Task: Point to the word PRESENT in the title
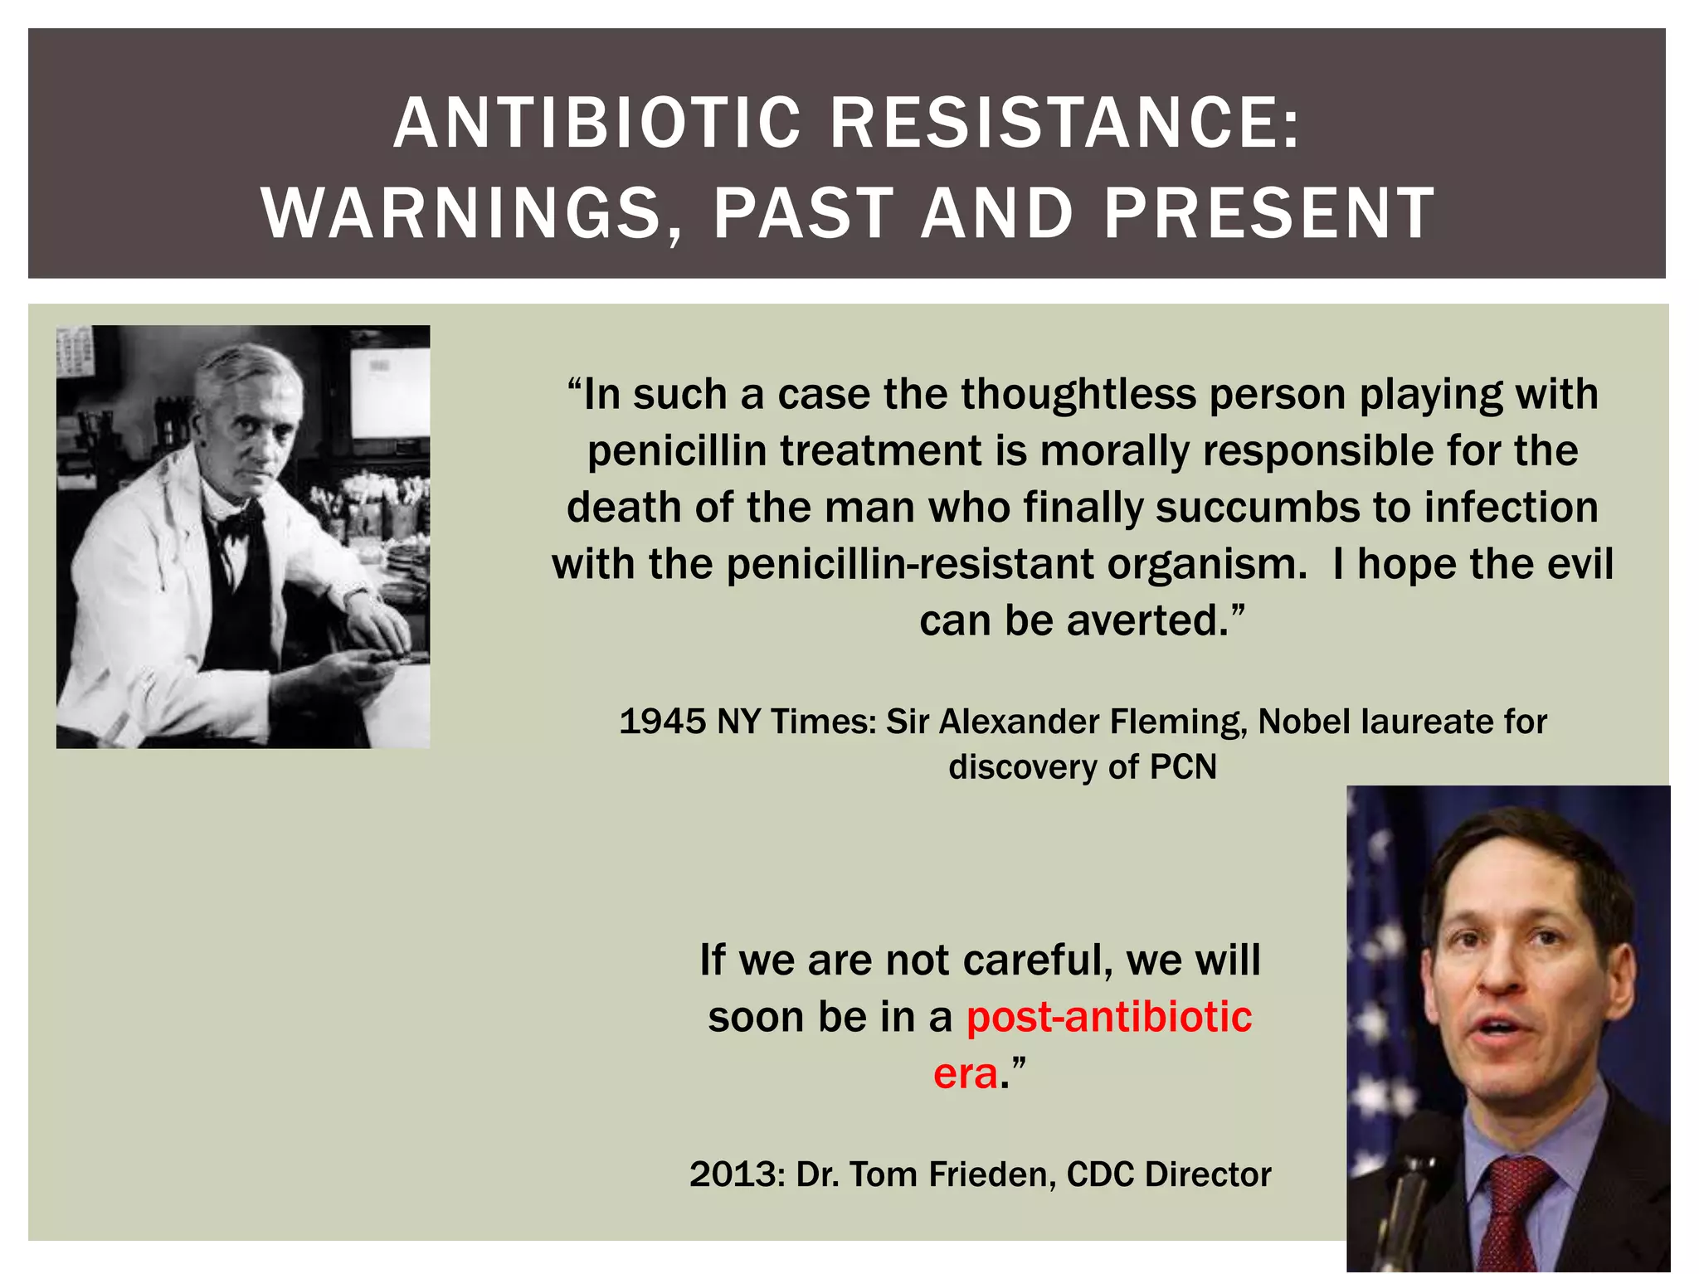pyautogui.click(x=1269, y=213)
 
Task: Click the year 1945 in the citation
pyautogui.click(x=662, y=722)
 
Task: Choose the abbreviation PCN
pyautogui.click(x=1183, y=767)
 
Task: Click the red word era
pyautogui.click(x=966, y=1073)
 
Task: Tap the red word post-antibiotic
pyautogui.click(x=1109, y=1017)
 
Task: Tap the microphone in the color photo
pyautogui.click(x=1414, y=1178)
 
